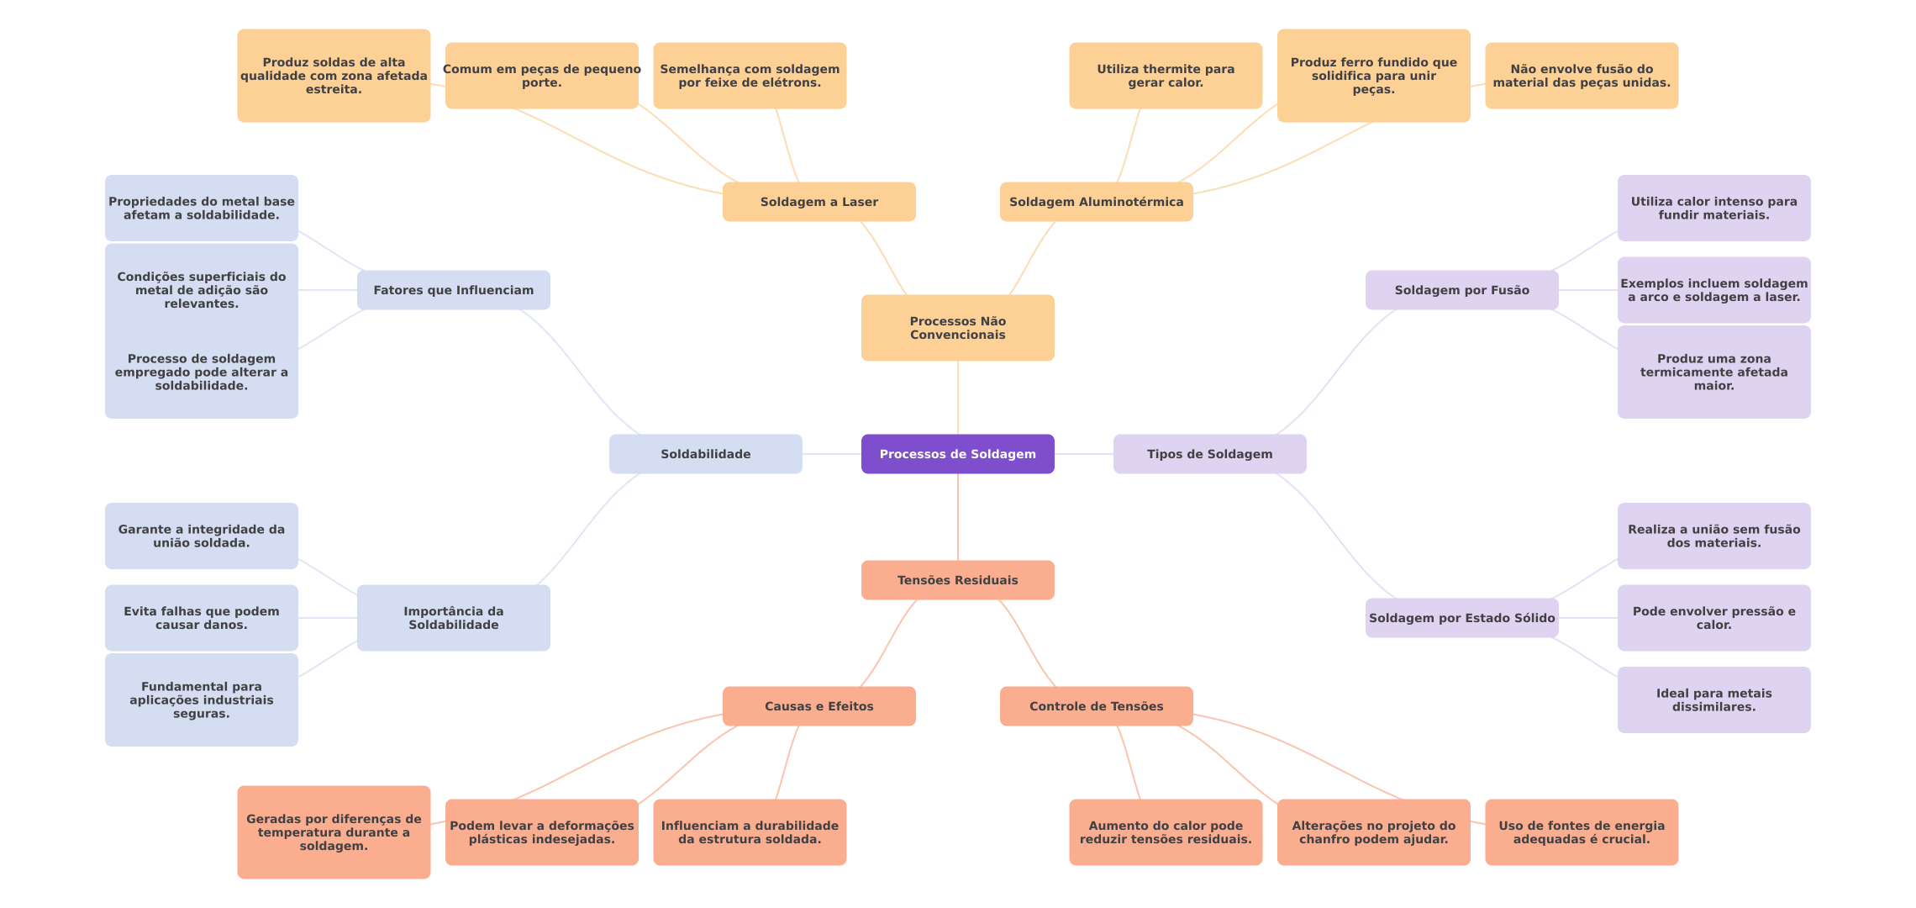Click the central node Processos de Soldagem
click(957, 454)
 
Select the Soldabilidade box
click(705, 454)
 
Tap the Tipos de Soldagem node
click(1209, 454)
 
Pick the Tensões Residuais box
click(957, 580)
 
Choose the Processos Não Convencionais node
click(957, 328)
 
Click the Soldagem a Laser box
click(819, 202)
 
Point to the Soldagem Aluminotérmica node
click(1096, 202)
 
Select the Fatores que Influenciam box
click(453, 290)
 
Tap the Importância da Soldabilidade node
click(453, 618)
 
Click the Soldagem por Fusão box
click(1461, 290)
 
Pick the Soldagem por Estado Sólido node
click(1461, 618)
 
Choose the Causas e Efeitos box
click(819, 706)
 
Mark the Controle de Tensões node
click(1096, 706)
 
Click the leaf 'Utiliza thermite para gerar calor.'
click(1165, 76)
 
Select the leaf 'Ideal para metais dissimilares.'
click(1713, 699)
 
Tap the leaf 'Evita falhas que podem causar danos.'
click(201, 618)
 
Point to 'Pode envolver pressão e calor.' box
click(1713, 618)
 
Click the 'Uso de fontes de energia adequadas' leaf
click(1581, 832)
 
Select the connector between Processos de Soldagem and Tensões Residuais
click(958, 517)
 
